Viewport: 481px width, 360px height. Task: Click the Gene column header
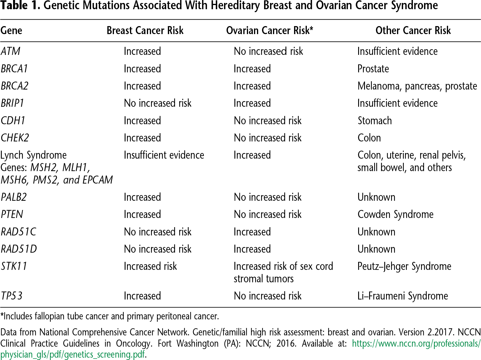[11, 31]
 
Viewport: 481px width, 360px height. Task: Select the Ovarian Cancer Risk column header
[269, 31]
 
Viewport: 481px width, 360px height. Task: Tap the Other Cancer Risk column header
[413, 31]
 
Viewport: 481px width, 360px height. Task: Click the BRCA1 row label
[14, 69]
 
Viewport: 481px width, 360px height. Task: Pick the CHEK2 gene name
[15, 138]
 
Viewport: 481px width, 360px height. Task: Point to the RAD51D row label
[19, 249]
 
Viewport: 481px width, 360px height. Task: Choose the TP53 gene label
[12, 296]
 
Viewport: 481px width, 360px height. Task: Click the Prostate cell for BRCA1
[373, 69]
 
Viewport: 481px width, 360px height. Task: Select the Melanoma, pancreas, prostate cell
[417, 86]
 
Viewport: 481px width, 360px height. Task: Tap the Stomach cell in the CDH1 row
[374, 121]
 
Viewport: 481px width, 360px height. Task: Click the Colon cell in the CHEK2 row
[369, 138]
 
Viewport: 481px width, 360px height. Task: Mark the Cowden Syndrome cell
[395, 214]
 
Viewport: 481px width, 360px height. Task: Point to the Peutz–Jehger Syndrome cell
[404, 266]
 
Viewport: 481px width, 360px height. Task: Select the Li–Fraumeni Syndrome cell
[403, 296]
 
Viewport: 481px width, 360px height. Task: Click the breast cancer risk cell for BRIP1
[158, 103]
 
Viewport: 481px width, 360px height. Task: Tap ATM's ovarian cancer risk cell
[268, 51]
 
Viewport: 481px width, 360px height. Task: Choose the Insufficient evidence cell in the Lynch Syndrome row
[164, 155]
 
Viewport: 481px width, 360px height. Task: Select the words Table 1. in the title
[20, 5]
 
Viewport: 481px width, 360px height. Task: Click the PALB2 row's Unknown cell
[376, 197]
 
